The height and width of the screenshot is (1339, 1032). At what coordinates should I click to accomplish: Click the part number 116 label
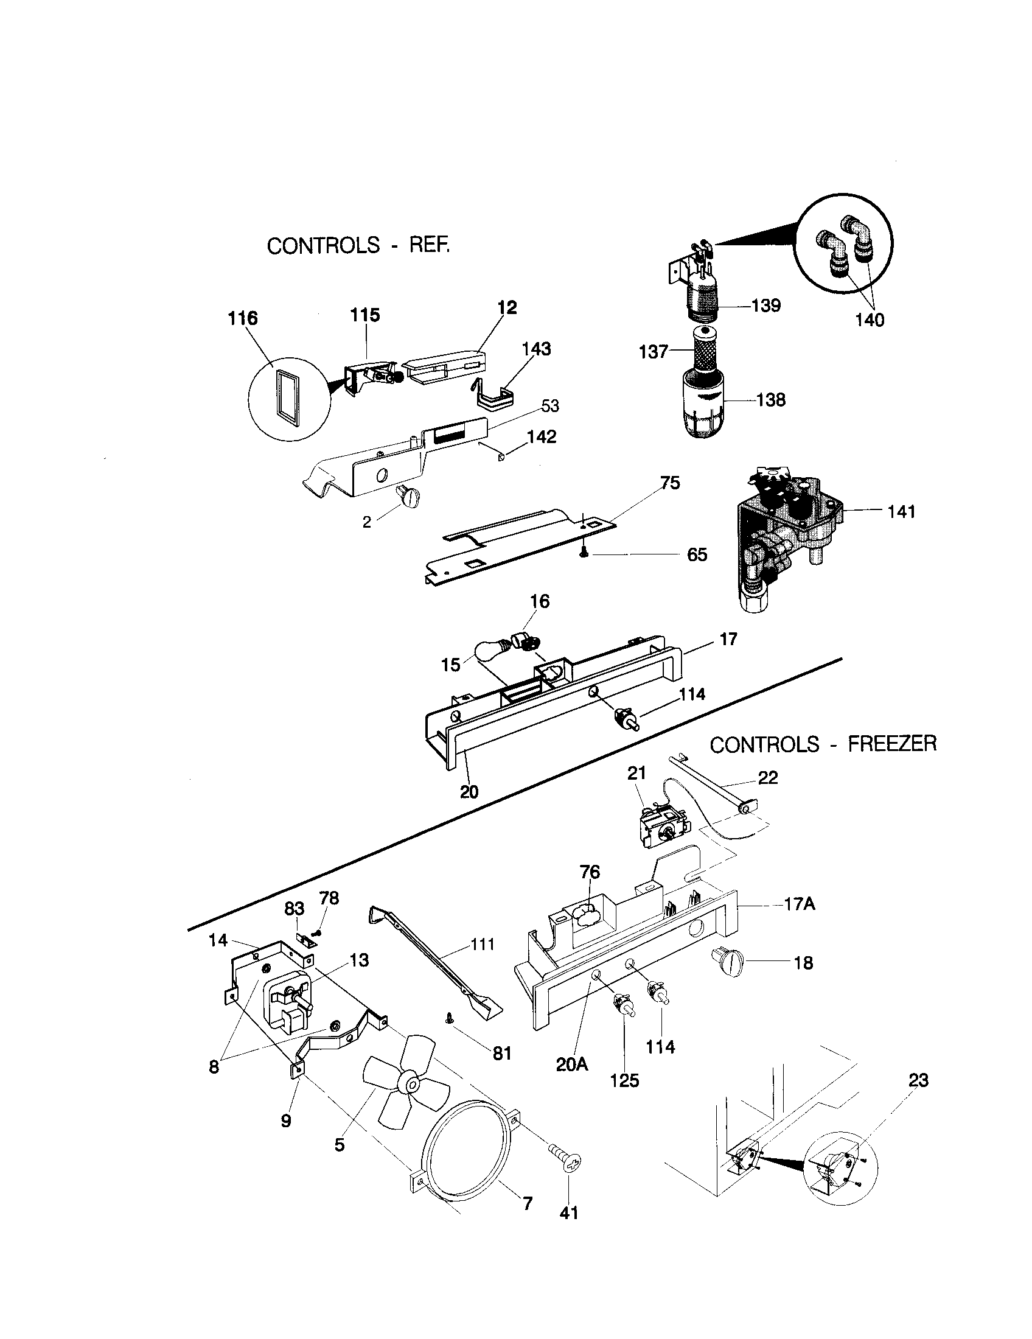click(243, 318)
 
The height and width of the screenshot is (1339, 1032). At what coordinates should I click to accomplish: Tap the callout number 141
click(901, 511)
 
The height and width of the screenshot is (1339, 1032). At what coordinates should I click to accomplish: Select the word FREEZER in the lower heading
click(891, 744)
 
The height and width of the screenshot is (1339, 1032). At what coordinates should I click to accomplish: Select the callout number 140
click(870, 320)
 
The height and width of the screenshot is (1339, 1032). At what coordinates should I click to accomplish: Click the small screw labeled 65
click(584, 553)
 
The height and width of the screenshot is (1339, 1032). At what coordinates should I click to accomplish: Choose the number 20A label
click(572, 1065)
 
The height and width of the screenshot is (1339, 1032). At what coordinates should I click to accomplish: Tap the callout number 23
click(918, 1080)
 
